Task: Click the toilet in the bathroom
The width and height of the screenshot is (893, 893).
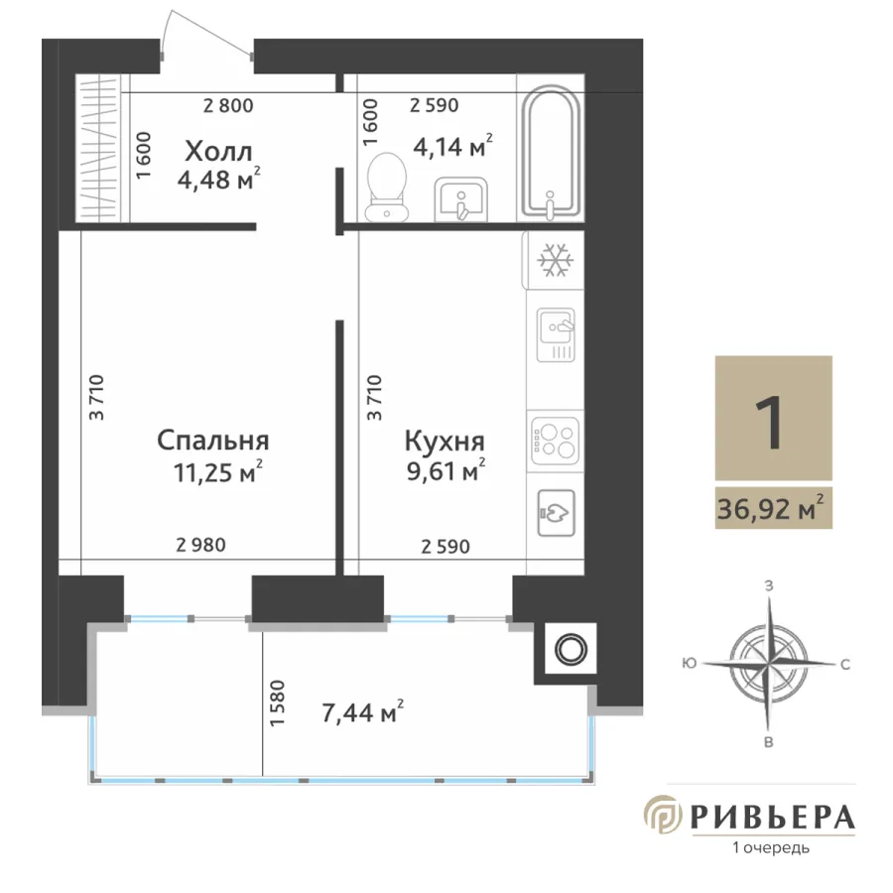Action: pyautogui.click(x=387, y=187)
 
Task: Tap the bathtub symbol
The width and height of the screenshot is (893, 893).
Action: pyautogui.click(x=551, y=153)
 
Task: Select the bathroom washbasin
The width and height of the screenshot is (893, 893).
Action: pyautogui.click(x=460, y=198)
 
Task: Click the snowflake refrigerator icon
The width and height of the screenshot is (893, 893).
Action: pyautogui.click(x=556, y=260)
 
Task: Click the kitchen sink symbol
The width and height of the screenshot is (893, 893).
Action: pyautogui.click(x=556, y=335)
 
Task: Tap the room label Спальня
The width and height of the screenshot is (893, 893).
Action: pyautogui.click(x=213, y=442)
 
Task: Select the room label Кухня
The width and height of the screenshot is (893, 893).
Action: pyautogui.click(x=445, y=441)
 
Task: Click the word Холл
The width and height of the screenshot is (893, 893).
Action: pyautogui.click(x=218, y=152)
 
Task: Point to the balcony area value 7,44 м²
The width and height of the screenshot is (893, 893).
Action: pyautogui.click(x=363, y=711)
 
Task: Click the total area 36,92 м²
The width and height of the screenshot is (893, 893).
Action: pyautogui.click(x=771, y=508)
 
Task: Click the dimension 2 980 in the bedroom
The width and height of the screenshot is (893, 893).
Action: pyautogui.click(x=201, y=545)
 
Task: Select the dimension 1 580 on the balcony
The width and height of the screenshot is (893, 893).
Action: pyautogui.click(x=277, y=702)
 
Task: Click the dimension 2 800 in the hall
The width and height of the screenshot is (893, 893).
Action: pyautogui.click(x=228, y=105)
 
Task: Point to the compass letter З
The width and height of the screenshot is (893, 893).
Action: pyautogui.click(x=769, y=586)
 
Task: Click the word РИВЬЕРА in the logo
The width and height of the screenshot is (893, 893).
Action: pyautogui.click(x=772, y=818)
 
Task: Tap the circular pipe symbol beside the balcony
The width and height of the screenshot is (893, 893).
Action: pyautogui.click(x=572, y=649)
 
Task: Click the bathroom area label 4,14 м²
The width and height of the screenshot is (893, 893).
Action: pyautogui.click(x=452, y=147)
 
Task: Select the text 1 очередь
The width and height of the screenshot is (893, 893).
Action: pyautogui.click(x=771, y=848)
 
